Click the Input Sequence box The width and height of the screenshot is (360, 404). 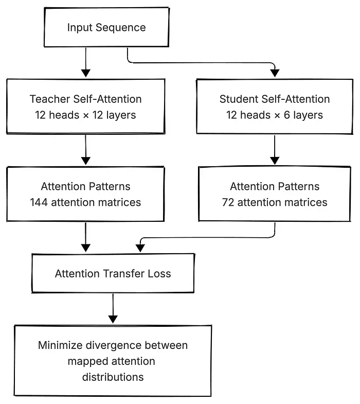coord(106,27)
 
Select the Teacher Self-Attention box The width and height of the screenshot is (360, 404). coord(85,107)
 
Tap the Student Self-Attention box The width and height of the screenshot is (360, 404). coord(275,107)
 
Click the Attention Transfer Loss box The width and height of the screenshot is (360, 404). coord(113,273)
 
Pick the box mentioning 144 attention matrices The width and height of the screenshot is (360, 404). coord(85,194)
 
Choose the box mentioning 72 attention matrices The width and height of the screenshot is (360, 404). coord(275,194)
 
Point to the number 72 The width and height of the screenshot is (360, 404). coord(228,202)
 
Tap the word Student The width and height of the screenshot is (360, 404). coord(239,99)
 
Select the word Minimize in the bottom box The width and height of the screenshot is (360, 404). coord(60,345)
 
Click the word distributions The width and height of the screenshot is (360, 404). coord(113,377)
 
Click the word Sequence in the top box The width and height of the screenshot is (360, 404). coord(120,28)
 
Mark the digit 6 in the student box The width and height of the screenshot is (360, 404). coord(287,115)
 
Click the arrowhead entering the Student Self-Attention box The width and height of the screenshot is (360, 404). coord(275,73)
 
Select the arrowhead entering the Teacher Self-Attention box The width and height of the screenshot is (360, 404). coord(86,73)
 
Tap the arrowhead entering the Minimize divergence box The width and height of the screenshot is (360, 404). coord(113,320)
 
